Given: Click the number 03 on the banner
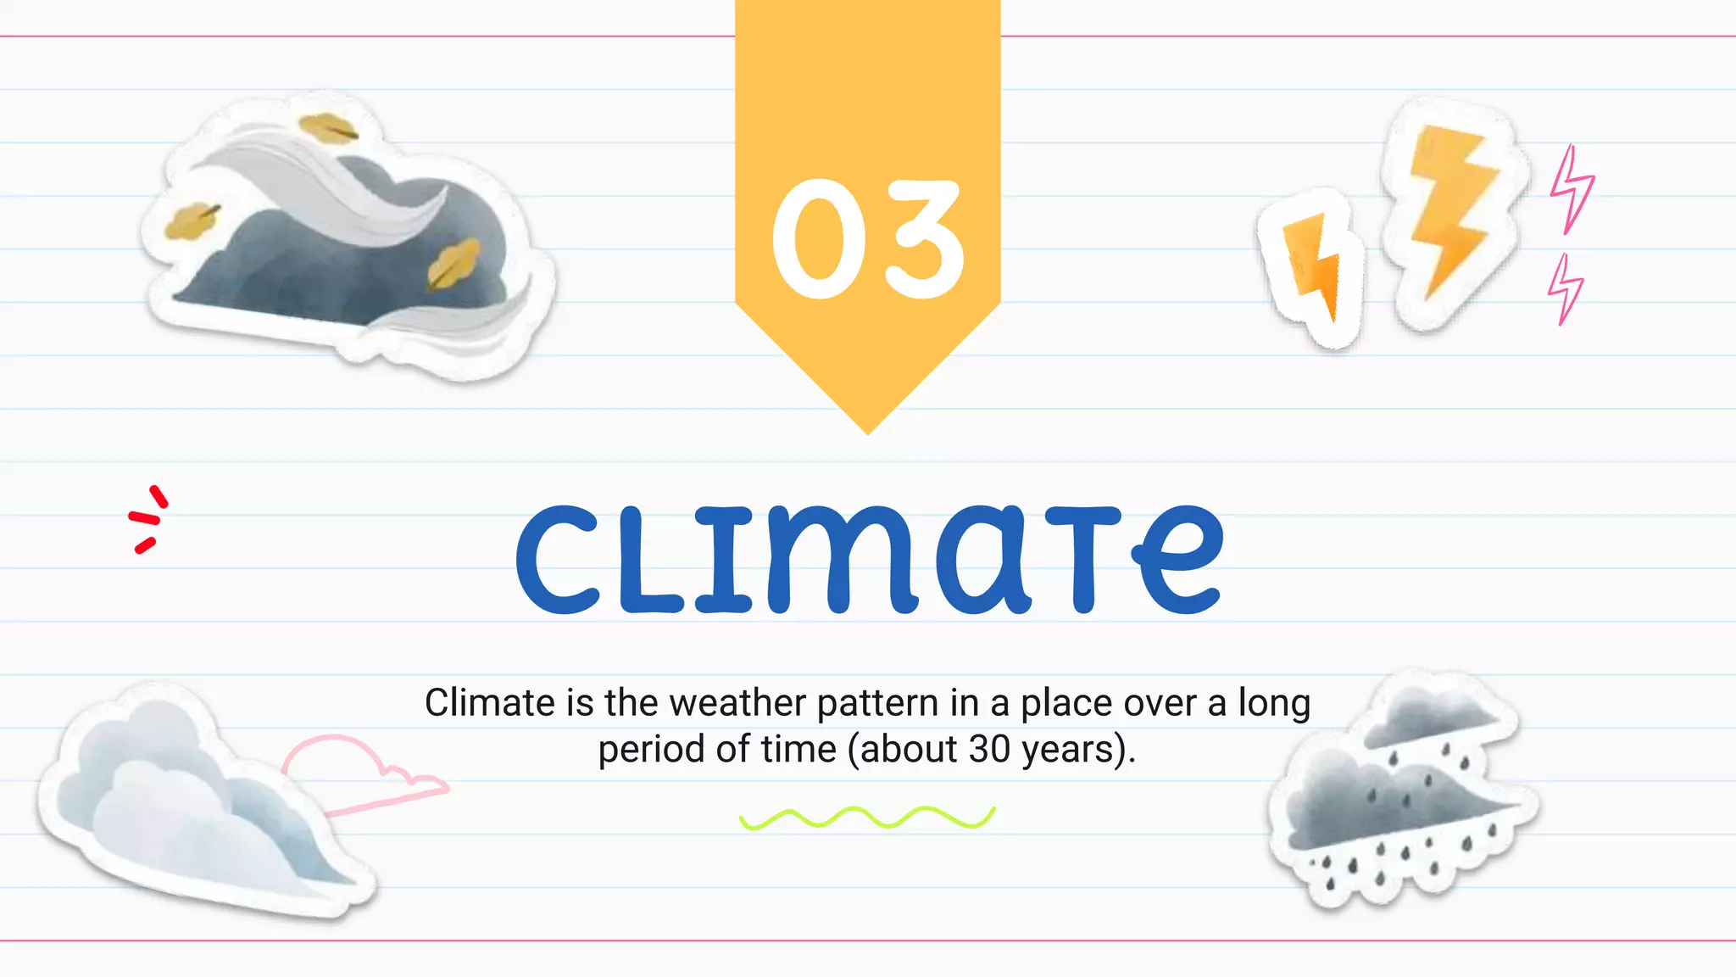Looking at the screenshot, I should tap(867, 239).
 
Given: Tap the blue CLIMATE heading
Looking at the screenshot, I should tap(870, 560).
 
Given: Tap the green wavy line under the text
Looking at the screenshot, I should tap(867, 818).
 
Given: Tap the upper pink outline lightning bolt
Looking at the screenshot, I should tap(1572, 188).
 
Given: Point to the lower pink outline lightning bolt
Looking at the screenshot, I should tap(1565, 288).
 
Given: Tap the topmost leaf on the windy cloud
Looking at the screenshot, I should tap(328, 128).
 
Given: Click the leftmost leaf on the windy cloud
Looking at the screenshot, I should tap(190, 221).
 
